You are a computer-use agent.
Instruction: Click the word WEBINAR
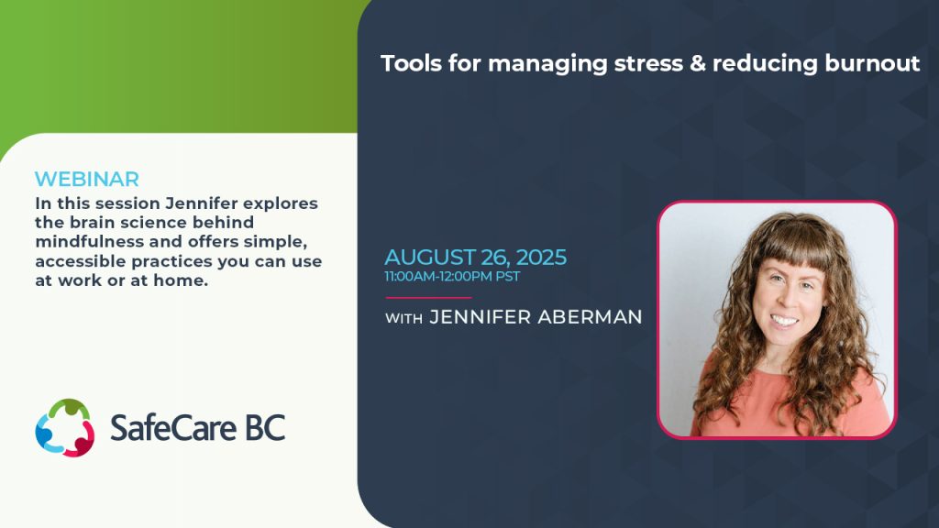click(87, 179)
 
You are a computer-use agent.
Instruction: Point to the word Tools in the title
click(409, 63)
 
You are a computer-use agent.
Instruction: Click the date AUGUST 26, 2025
click(475, 258)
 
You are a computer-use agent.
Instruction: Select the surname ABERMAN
click(580, 317)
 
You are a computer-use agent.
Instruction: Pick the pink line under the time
click(428, 297)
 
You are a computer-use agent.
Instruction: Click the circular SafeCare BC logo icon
click(65, 427)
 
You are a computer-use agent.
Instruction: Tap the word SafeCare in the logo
click(169, 427)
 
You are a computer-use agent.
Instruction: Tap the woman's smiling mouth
click(783, 322)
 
